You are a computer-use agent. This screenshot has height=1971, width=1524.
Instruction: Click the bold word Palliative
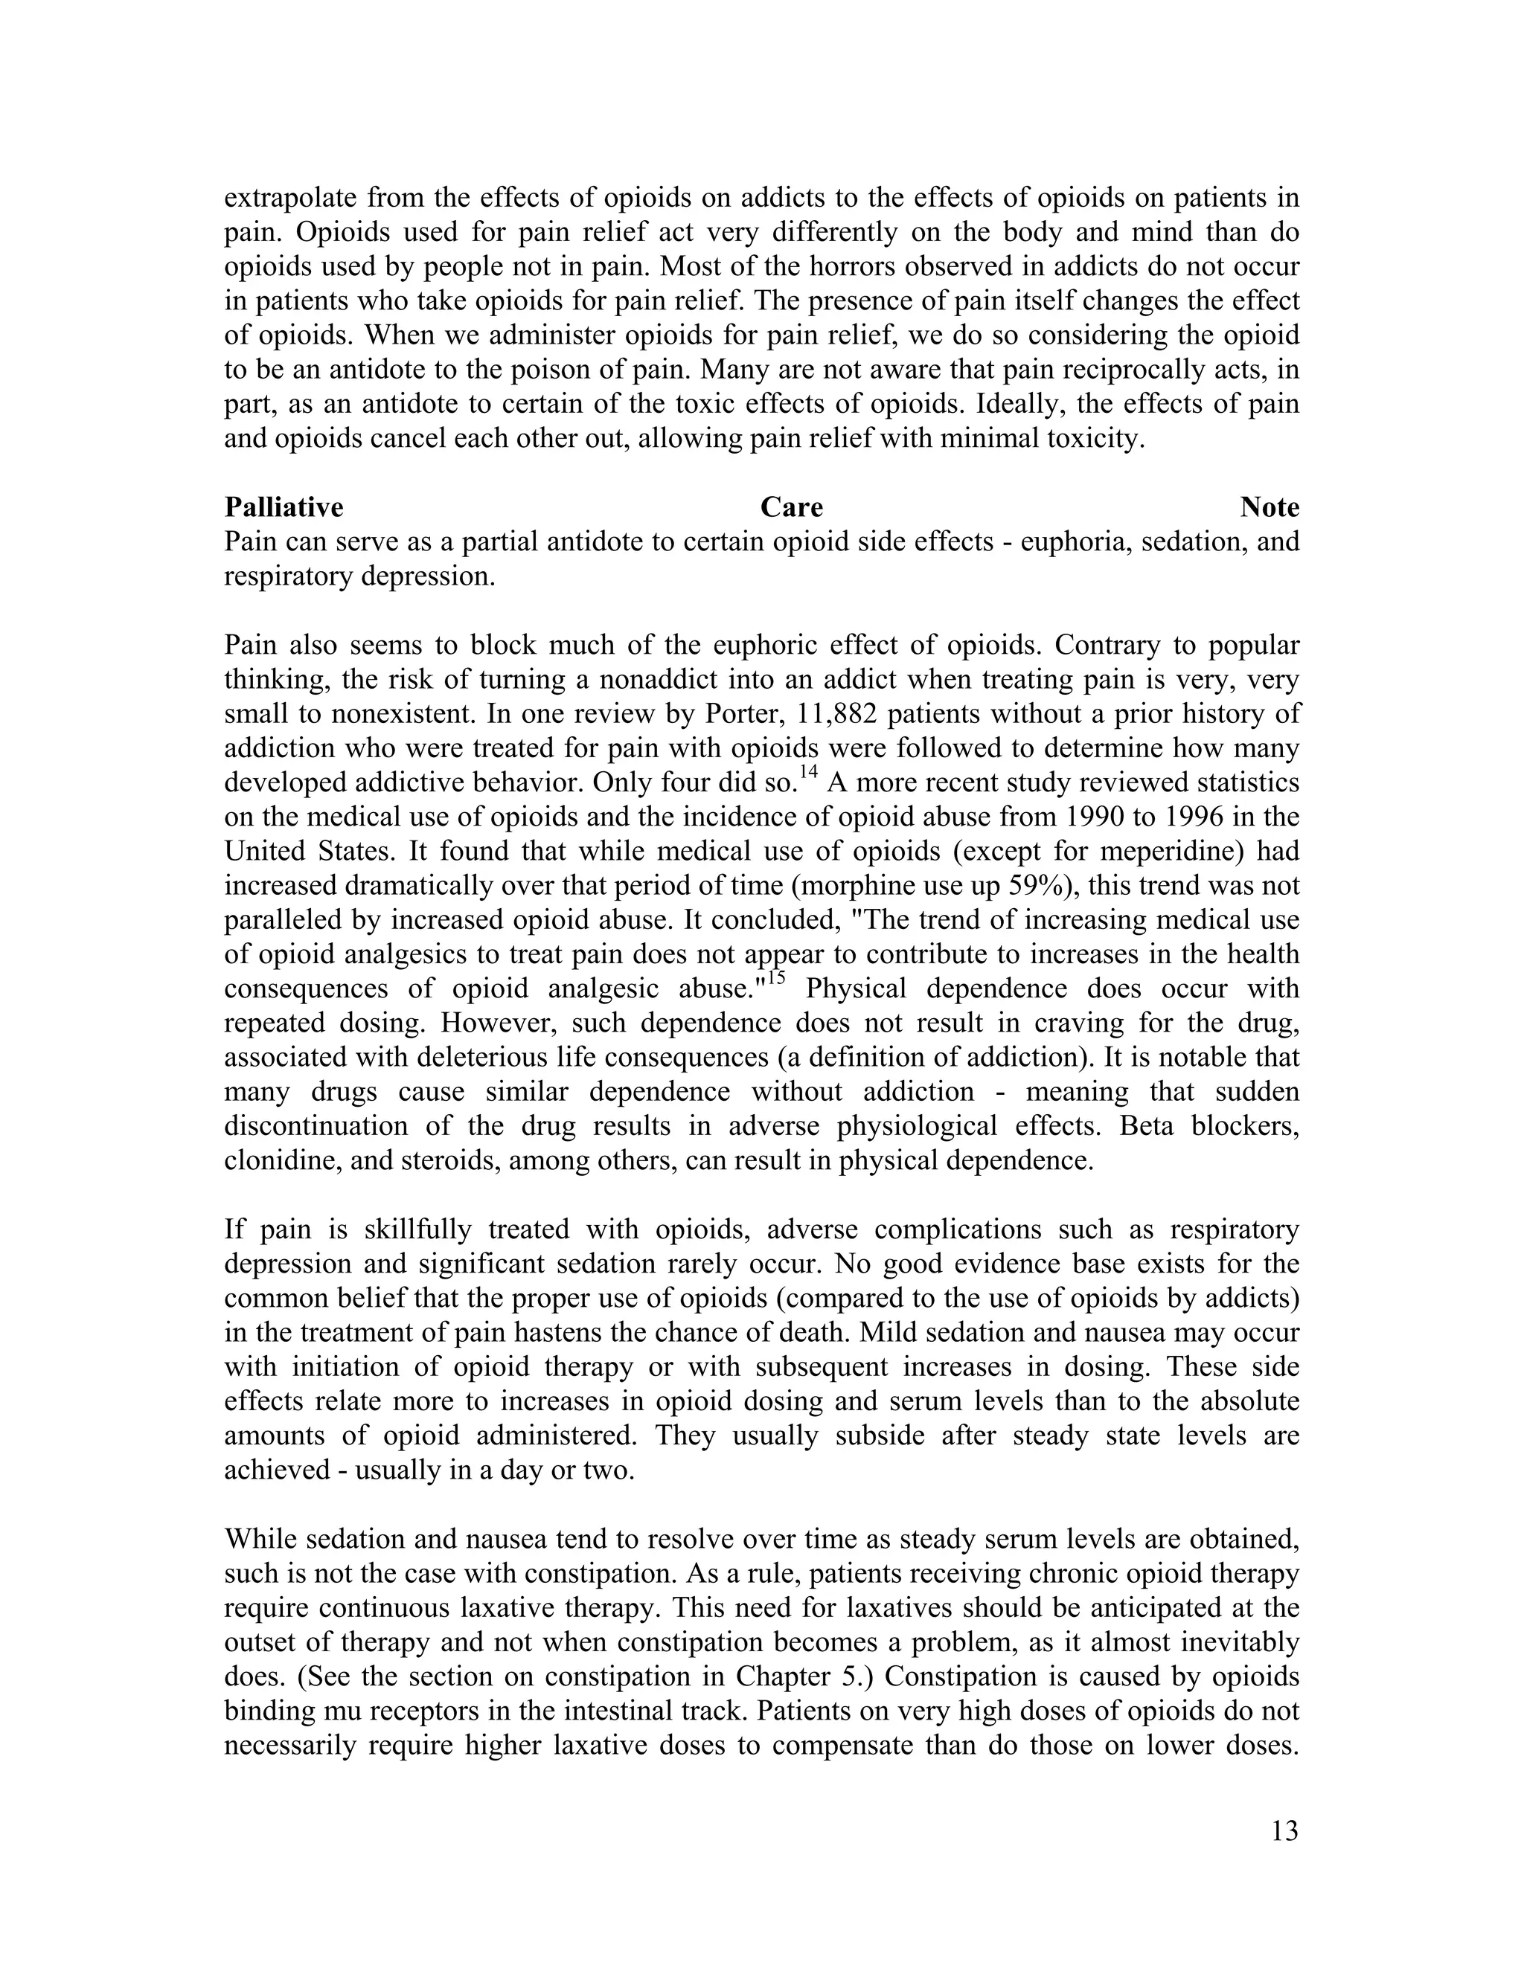[x=284, y=508]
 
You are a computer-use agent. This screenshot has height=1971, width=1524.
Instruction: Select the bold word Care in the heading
[x=791, y=508]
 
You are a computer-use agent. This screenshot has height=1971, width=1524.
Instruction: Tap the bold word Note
[x=1270, y=508]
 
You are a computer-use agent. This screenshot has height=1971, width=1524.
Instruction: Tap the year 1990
[x=1098, y=817]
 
